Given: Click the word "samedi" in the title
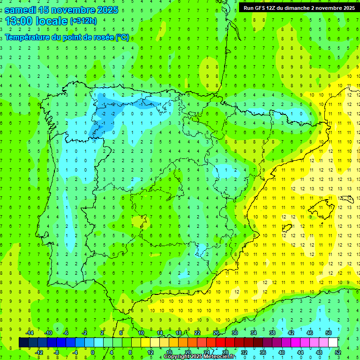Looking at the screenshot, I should click(x=22, y=9).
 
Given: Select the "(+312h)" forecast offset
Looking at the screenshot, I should click(x=83, y=21).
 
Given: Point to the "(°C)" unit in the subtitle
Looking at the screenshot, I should click(x=122, y=37).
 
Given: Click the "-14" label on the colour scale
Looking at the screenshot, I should click(x=30, y=333).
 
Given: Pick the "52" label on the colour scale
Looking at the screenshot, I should click(x=337, y=352).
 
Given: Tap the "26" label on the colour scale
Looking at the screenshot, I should click(x=216, y=333).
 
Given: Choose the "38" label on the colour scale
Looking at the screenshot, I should click(x=272, y=333).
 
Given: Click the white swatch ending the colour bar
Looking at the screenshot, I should click(x=333, y=343).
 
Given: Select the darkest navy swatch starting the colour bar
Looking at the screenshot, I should click(x=23, y=343).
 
